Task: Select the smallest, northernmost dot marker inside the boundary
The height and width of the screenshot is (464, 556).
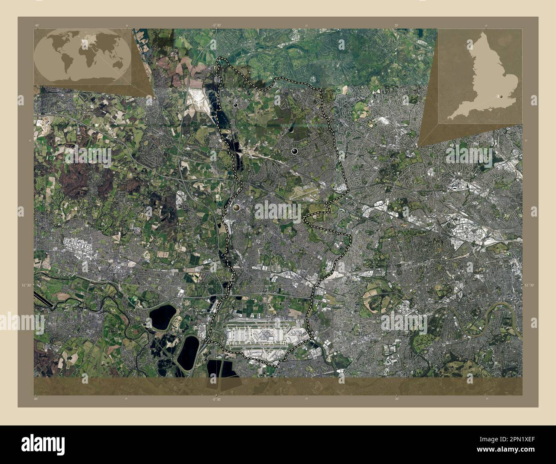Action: click(x=236, y=104)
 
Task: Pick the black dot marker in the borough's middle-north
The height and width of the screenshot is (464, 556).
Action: click(x=294, y=151)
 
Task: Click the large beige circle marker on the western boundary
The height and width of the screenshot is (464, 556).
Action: click(x=237, y=208)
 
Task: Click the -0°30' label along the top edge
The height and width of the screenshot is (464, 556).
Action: click(x=216, y=25)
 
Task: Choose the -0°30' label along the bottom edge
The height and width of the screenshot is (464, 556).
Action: click(x=216, y=399)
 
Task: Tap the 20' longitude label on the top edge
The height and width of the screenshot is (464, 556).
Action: click(x=396, y=25)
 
